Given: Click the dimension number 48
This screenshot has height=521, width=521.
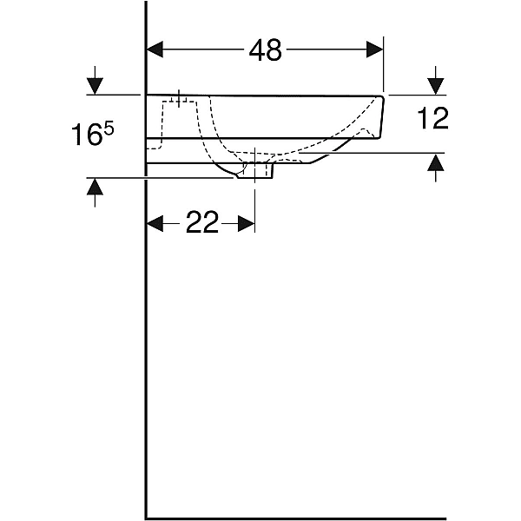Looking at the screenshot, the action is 265,49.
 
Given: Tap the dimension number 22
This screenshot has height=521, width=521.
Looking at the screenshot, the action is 202,222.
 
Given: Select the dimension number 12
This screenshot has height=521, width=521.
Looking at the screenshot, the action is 432,118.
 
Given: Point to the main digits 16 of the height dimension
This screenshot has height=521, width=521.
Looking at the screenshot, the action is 87,135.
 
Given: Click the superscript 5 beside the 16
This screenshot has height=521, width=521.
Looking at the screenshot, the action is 109,129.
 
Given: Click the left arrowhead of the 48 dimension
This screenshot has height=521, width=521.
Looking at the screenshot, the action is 155,49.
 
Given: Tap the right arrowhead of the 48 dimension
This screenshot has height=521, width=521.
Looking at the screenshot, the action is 375,49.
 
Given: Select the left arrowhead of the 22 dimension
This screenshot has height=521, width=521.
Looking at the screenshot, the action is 155,224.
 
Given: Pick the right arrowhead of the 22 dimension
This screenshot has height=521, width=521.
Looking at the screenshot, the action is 247,224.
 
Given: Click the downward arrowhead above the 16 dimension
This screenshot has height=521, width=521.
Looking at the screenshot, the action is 95,86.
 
